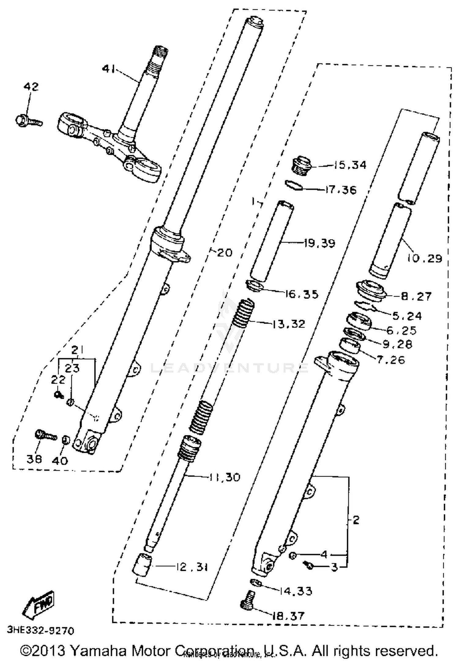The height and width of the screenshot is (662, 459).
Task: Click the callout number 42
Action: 31,87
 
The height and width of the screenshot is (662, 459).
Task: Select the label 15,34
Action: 349,165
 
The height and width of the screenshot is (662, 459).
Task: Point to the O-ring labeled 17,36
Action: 293,185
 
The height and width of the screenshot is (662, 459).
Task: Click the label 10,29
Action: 425,258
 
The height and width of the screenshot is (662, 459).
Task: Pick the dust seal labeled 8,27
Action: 371,291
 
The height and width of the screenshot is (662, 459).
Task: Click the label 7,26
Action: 391,360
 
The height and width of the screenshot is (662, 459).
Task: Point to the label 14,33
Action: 296,591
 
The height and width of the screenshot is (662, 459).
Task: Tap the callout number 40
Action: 60,461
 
